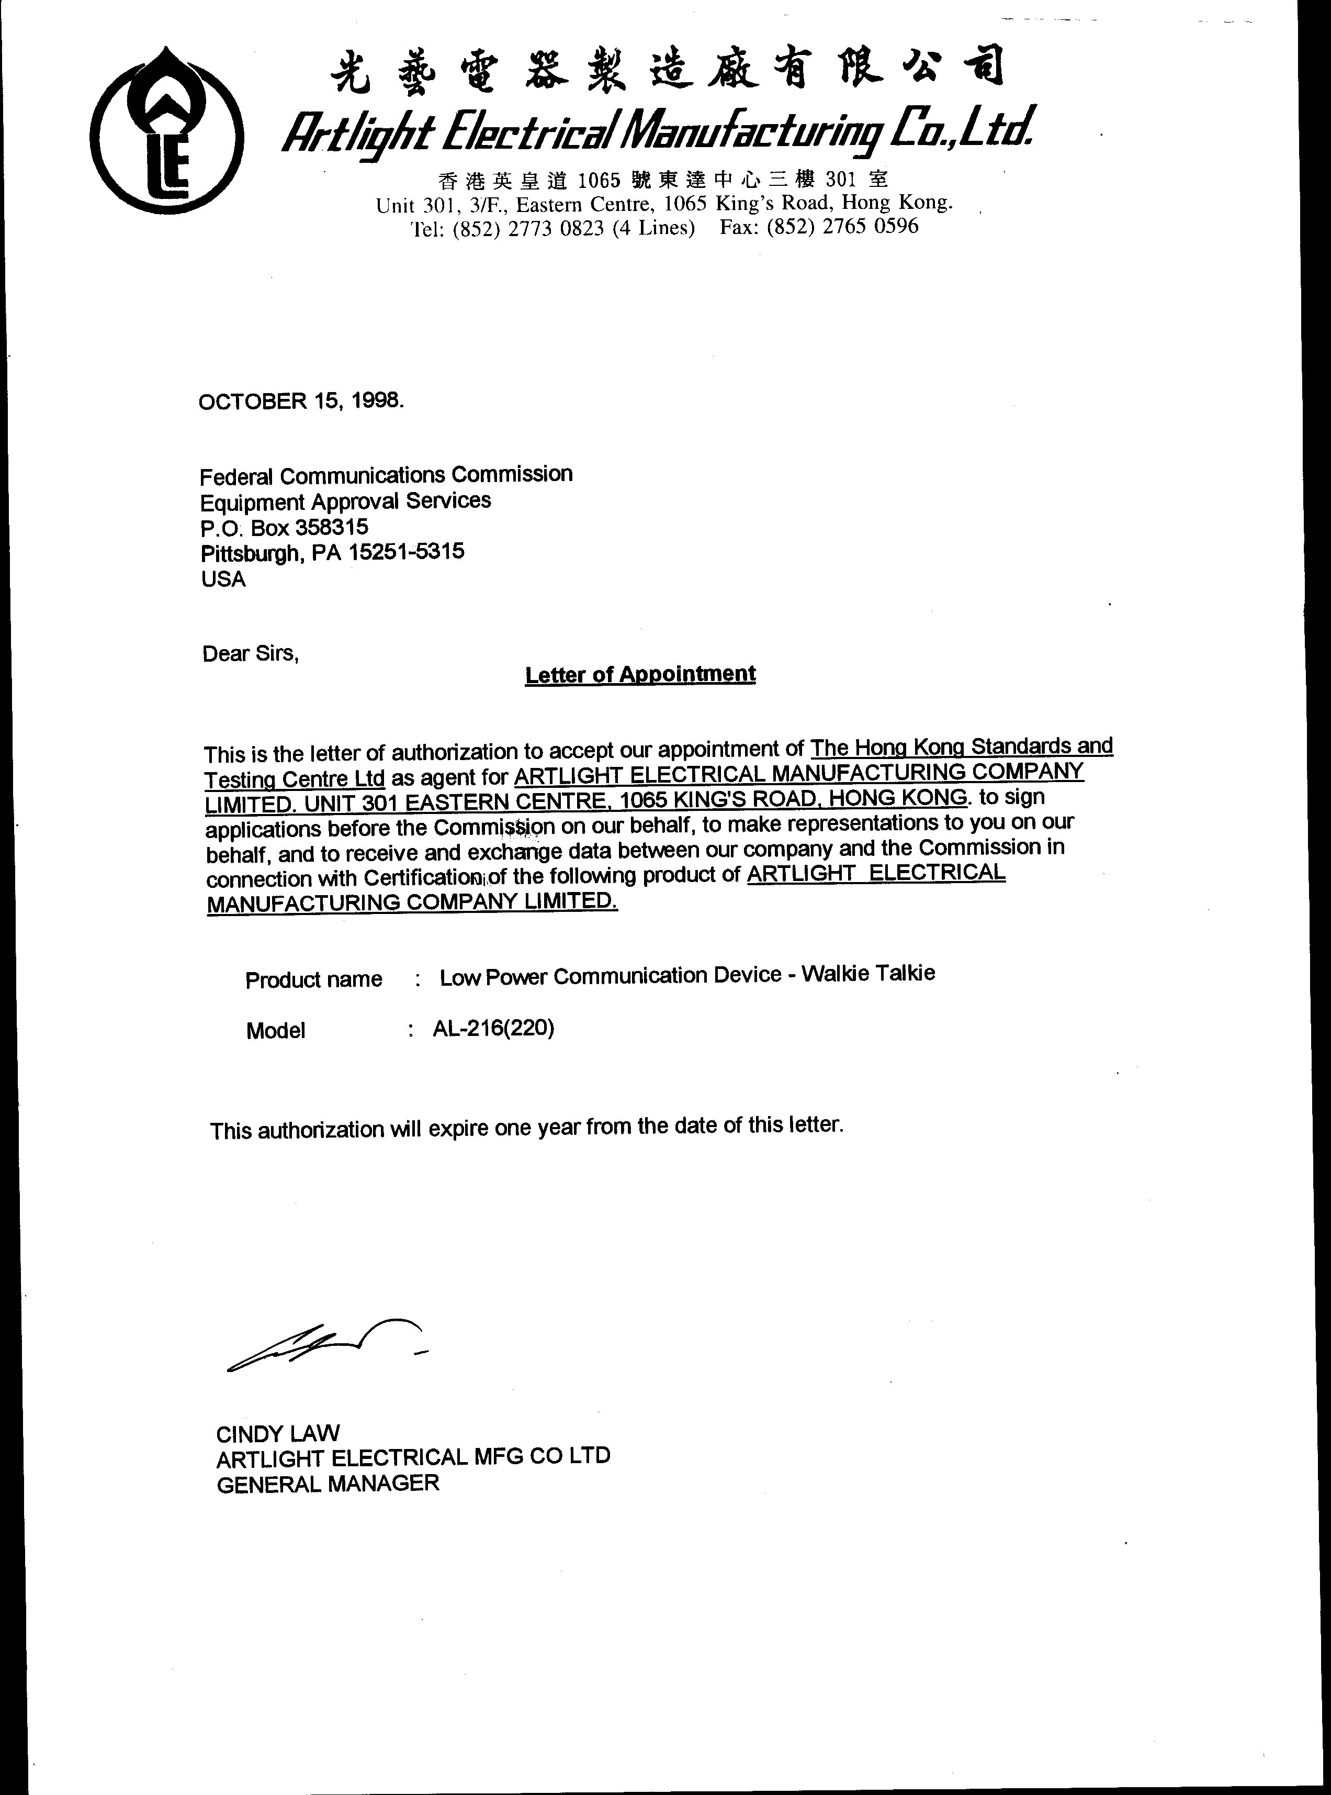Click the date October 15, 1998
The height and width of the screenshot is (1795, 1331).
pyautogui.click(x=300, y=400)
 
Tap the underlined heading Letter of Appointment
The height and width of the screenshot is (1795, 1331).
pyautogui.click(x=640, y=674)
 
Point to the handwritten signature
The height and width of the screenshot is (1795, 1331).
pyautogui.click(x=326, y=1344)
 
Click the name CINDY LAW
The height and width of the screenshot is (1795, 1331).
pyautogui.click(x=278, y=1434)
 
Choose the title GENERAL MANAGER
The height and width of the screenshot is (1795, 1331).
pyautogui.click(x=328, y=1484)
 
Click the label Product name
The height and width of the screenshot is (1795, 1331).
pyautogui.click(x=313, y=980)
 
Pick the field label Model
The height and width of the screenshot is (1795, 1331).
pyautogui.click(x=276, y=1031)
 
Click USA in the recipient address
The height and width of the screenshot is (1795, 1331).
pyautogui.click(x=224, y=579)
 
